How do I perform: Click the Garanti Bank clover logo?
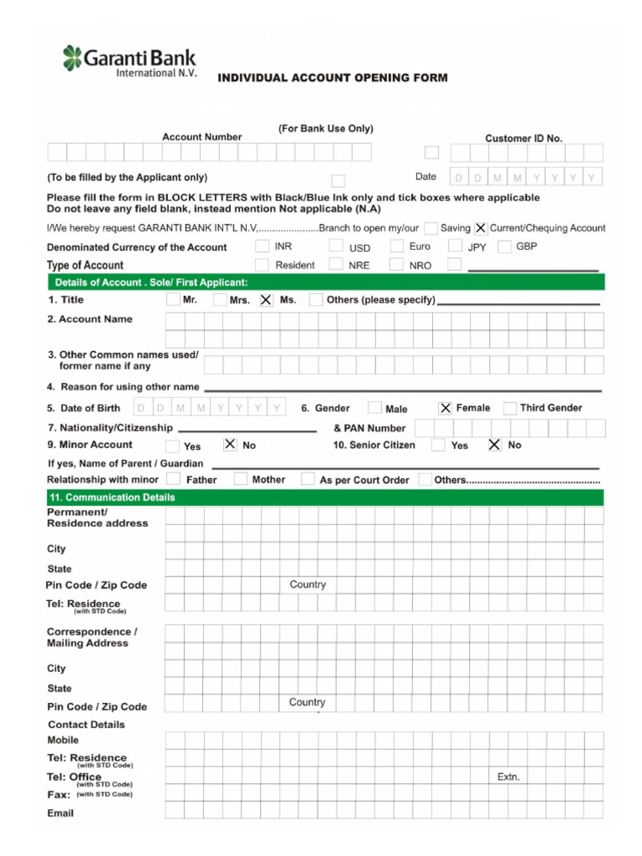click(x=73, y=58)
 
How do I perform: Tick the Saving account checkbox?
click(x=431, y=227)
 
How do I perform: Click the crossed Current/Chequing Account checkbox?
click(x=481, y=227)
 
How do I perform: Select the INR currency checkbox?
click(x=262, y=246)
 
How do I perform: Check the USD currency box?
click(x=335, y=246)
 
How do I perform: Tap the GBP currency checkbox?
click(x=504, y=247)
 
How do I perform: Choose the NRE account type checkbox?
click(x=335, y=264)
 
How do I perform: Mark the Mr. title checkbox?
click(x=173, y=299)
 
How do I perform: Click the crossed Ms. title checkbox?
click(x=266, y=299)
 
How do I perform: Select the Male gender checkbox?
click(x=374, y=408)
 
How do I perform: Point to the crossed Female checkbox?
click(x=446, y=408)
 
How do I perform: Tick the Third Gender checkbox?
click(x=510, y=408)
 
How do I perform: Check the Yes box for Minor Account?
click(x=172, y=446)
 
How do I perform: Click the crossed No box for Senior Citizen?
click(x=494, y=445)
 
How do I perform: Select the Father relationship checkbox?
click(x=173, y=479)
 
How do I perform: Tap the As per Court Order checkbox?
click(x=308, y=479)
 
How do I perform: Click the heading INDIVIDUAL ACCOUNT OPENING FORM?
click(x=333, y=78)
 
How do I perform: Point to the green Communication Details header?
click(x=324, y=497)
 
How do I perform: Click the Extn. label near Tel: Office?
click(x=508, y=777)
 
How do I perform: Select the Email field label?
click(x=60, y=813)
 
